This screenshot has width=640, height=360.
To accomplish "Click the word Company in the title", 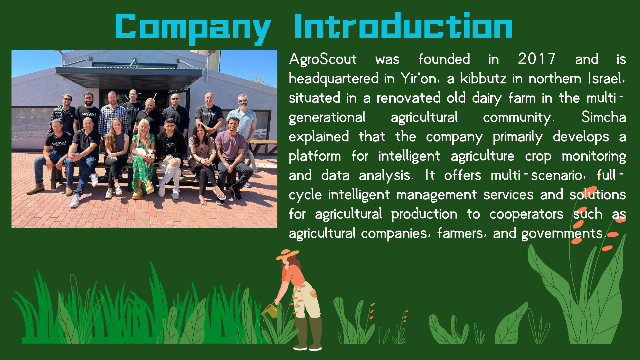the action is click(x=193, y=29).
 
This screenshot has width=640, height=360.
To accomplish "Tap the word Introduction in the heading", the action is click(x=403, y=26).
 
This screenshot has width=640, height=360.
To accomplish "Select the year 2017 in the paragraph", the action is click(x=537, y=59).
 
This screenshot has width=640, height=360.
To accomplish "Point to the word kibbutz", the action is click(x=483, y=78).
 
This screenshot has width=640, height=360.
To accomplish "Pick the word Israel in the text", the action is click(x=606, y=78).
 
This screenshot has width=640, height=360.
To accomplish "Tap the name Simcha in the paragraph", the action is click(x=604, y=117).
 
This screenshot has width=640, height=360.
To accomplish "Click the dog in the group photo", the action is click(x=145, y=154).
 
